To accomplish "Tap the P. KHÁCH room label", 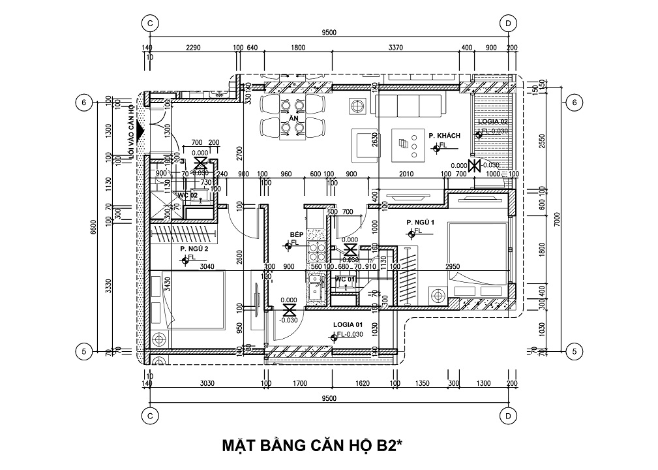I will (445, 135).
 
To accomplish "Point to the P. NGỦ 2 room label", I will (194, 249).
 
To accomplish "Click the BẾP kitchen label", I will (297, 234).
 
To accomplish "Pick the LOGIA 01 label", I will (348, 324).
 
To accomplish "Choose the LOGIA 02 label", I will (492, 122).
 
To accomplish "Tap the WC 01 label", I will (344, 279).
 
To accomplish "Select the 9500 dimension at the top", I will (329, 33).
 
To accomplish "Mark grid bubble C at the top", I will (150, 23).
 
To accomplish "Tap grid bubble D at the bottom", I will (508, 415).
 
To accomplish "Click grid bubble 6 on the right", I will (574, 102).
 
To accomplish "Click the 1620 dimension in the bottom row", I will (363, 384).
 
